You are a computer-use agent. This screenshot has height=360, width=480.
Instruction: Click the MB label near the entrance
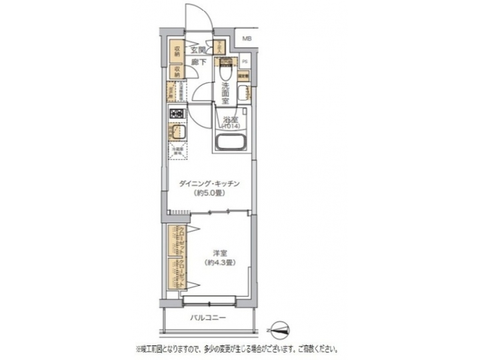247,39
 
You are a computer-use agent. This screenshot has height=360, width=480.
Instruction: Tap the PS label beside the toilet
245,62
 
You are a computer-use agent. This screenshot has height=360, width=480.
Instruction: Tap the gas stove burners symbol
177,114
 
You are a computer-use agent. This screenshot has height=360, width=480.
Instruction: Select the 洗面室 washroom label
225,94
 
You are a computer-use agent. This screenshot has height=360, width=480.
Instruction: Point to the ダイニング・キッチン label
209,184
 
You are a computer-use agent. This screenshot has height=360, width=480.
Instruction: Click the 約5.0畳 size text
209,194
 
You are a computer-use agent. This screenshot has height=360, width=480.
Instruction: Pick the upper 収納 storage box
178,51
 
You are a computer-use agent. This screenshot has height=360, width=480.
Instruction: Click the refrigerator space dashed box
177,152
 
